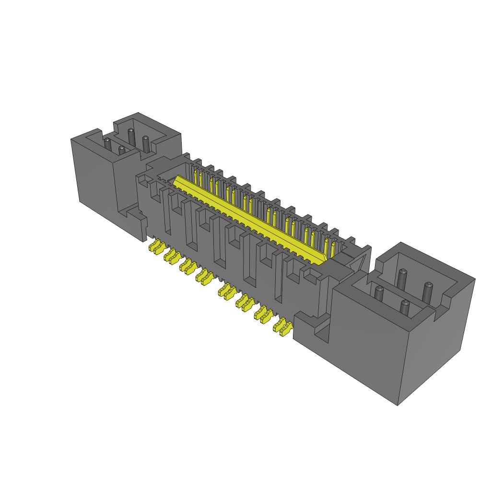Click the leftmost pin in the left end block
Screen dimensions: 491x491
107,143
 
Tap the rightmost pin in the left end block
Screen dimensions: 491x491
145,142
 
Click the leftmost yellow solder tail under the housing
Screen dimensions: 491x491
154,247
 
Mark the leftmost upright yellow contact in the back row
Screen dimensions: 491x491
195,175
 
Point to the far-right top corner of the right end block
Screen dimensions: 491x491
475,279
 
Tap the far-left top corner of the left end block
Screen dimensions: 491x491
71,140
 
